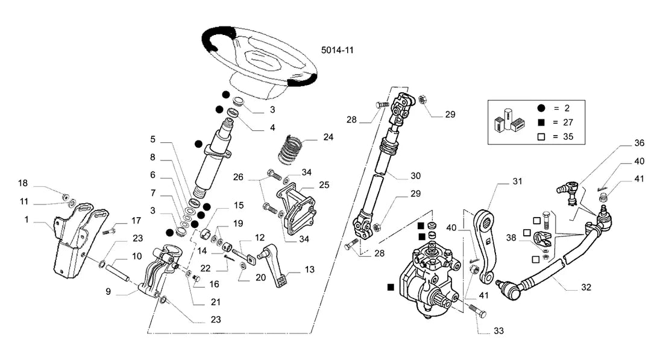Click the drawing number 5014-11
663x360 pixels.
tap(337, 50)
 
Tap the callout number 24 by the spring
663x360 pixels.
tap(328, 137)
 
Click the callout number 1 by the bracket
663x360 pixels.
tap(27, 219)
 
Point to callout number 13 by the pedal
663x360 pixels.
tap(310, 270)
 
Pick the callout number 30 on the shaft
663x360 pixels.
tap(416, 175)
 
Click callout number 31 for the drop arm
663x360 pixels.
tap(517, 181)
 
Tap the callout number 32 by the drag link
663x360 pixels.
tap(586, 287)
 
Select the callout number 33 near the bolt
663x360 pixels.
tap(499, 331)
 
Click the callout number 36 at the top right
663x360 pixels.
tap(639, 143)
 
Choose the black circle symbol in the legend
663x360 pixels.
tap(541, 108)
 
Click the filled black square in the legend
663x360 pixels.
tap(541, 122)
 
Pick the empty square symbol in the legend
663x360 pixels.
tap(541, 137)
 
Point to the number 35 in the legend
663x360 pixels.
tap(568, 137)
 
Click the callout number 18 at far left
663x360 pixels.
tap(23, 183)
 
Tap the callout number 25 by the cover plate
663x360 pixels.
tap(324, 185)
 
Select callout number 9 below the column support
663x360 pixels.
tap(108, 291)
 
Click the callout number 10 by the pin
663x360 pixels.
tap(137, 256)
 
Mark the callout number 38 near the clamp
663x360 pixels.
tap(511, 238)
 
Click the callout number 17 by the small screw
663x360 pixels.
tap(136, 220)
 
